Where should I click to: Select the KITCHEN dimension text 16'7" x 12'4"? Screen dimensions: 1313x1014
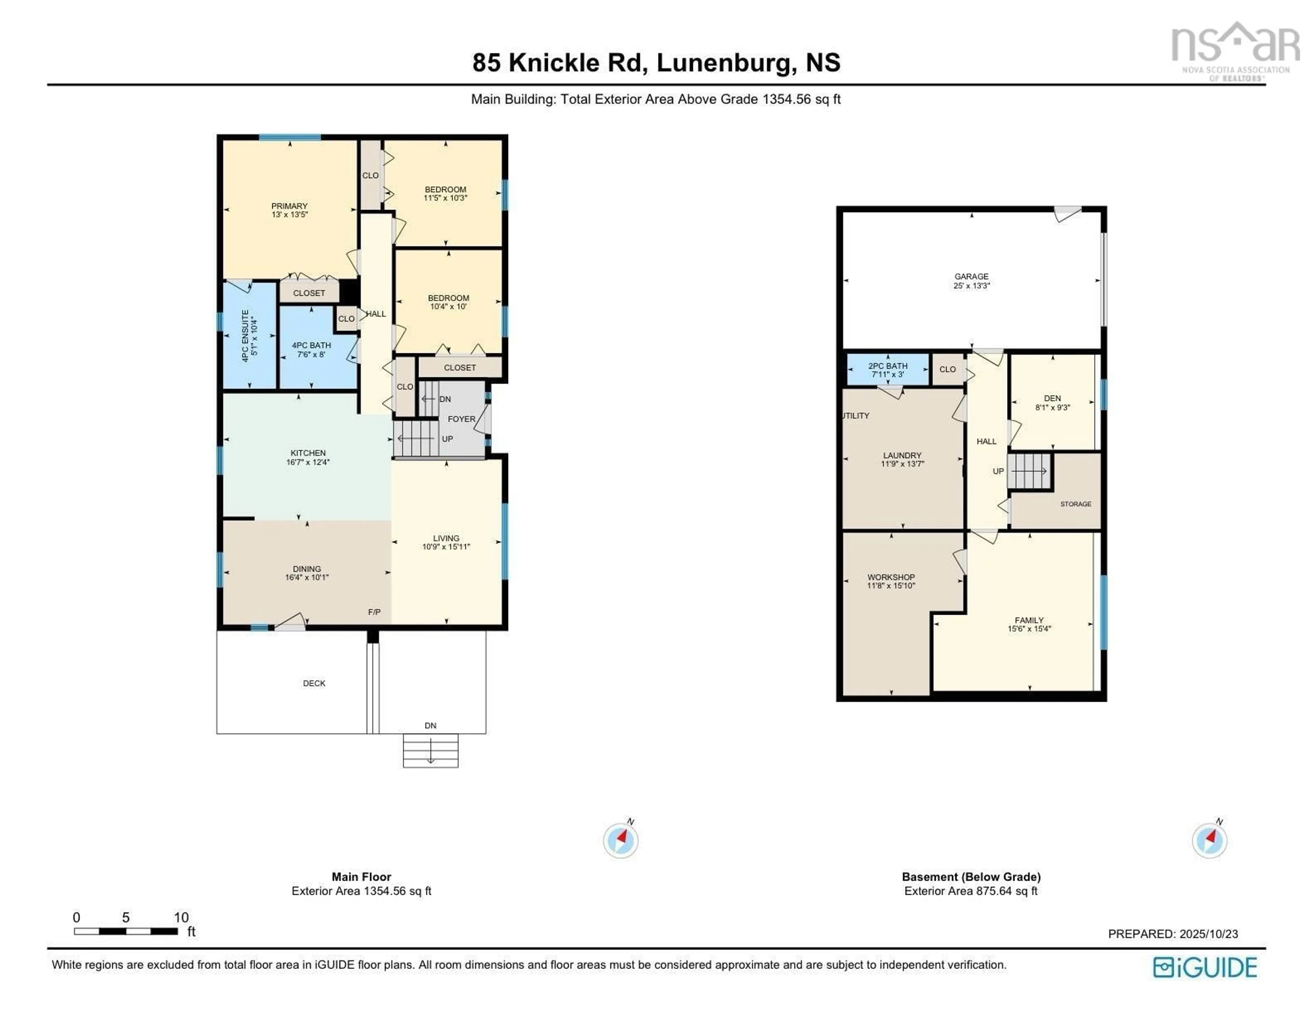pyautogui.click(x=308, y=462)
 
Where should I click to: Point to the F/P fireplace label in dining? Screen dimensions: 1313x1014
pyautogui.click(x=374, y=612)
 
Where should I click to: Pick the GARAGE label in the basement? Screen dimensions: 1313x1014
pyautogui.click(x=971, y=276)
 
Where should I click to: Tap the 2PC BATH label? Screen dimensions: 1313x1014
pyautogui.click(x=888, y=365)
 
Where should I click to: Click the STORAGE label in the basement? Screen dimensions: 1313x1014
pyautogui.click(x=1075, y=504)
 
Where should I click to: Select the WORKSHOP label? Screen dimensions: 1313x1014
pyautogui.click(x=891, y=577)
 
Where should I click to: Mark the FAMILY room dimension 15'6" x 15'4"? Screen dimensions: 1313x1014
pyautogui.click(x=1029, y=629)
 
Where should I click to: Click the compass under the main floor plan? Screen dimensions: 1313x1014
pyautogui.click(x=621, y=840)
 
